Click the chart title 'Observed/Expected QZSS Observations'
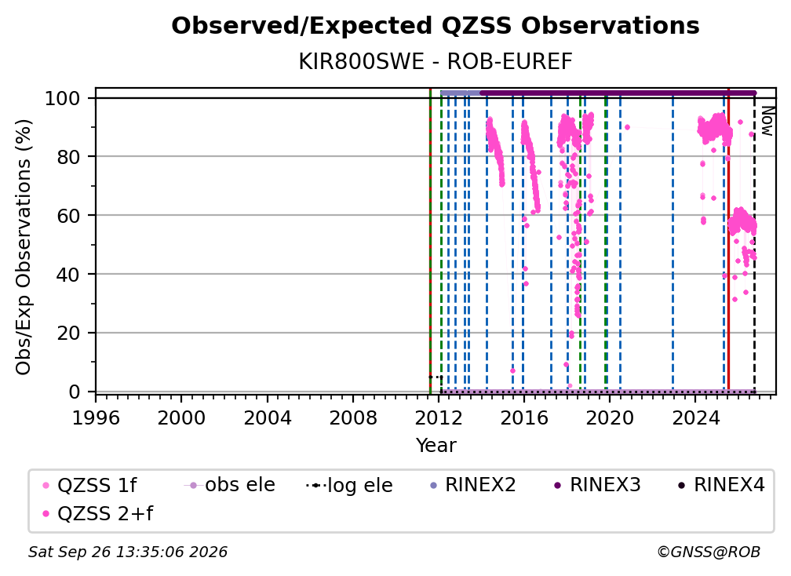pos(436,26)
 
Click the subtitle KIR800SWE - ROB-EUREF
pos(436,62)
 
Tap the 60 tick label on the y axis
pos(68,216)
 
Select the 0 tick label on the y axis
pos(75,392)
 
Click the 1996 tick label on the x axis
pos(96,418)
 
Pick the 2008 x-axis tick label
pos(352,418)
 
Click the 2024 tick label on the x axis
pos(694,418)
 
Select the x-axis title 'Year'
pos(436,446)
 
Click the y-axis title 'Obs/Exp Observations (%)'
pos(24,247)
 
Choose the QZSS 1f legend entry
pos(89,485)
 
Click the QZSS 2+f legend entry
pos(98,514)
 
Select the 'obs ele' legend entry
pos(230,485)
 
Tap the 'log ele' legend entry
pos(350,485)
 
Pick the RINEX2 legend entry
pos(472,485)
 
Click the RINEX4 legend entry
pos(721,485)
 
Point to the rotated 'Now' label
pos(767,122)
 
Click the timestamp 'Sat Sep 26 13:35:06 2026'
pos(128,552)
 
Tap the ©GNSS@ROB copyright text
pos(709,552)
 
